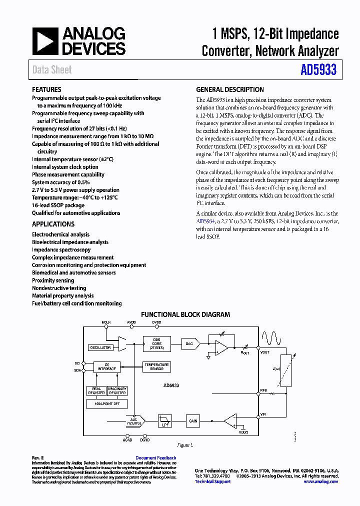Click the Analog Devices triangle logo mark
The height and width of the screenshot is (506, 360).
[x=46, y=41]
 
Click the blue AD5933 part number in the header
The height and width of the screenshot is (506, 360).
[x=318, y=70]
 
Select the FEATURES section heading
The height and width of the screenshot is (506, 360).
[x=46, y=90]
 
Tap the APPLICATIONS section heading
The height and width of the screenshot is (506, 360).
[x=53, y=224]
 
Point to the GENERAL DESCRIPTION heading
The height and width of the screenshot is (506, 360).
[x=229, y=90]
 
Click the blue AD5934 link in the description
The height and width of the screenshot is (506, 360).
[x=205, y=221]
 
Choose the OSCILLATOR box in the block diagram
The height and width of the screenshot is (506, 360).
[x=100, y=347]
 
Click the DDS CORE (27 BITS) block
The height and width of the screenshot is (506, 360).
[x=156, y=343]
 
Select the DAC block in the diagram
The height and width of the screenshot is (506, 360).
[x=189, y=343]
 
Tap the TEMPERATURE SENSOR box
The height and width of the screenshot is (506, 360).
[x=156, y=366]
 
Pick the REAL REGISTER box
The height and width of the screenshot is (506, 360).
[x=96, y=390]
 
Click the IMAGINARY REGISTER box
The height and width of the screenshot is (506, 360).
[x=117, y=390]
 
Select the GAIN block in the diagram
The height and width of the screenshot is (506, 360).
[x=192, y=421]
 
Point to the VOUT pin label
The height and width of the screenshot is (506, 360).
[x=265, y=352]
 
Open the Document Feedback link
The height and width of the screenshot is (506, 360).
[x=155, y=458]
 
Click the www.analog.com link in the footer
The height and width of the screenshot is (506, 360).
[x=320, y=481]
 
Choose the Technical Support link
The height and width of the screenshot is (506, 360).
[x=212, y=481]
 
